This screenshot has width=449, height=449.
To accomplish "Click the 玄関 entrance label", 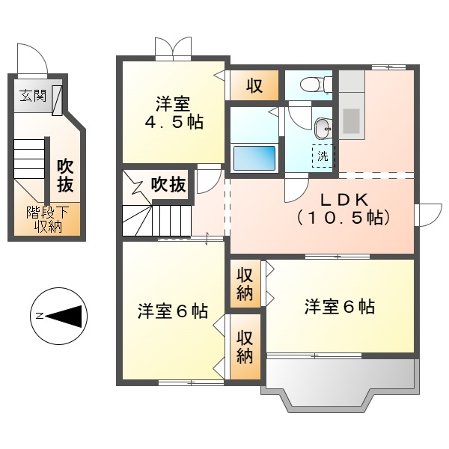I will [x=32, y=97].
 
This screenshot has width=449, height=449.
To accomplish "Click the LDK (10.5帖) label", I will [x=343, y=209].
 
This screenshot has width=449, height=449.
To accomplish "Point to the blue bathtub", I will [x=254, y=158].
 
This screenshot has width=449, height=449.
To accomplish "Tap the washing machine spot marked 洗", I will [x=323, y=156].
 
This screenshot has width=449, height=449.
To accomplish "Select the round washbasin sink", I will [x=323, y=129].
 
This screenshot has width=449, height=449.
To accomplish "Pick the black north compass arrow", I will [x=67, y=317].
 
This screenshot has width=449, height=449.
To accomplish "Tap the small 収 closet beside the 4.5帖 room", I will [x=254, y=85].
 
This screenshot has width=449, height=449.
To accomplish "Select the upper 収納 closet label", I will [x=245, y=283].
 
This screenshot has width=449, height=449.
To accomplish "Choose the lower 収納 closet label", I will [x=245, y=345].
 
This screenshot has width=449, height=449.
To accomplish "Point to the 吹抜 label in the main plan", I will [x=168, y=184].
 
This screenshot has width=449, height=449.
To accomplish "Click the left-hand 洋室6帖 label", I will [x=172, y=311].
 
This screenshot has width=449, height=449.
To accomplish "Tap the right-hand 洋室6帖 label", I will [x=339, y=306].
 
